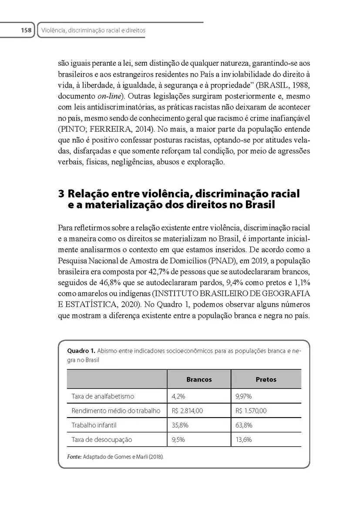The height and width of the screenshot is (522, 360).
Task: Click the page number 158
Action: pyautogui.click(x=26, y=30)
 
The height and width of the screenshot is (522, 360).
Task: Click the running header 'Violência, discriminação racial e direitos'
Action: pyautogui.click(x=93, y=30)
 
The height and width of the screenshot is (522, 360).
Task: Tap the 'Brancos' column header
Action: pyautogui.click(x=199, y=379)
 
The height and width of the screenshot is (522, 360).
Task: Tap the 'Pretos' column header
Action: pyautogui.click(x=266, y=379)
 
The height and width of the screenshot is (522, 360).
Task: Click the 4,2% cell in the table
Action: pyautogui.click(x=178, y=396)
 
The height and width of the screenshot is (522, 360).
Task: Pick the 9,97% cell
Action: pyautogui.click(x=244, y=396)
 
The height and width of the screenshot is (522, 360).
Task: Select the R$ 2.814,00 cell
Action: pyautogui.click(x=188, y=411)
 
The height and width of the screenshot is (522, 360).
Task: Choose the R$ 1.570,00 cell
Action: pyautogui.click(x=251, y=411)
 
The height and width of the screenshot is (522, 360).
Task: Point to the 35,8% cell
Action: pyautogui.click(x=180, y=425)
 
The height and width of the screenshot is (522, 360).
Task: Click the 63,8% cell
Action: pyautogui.click(x=244, y=425)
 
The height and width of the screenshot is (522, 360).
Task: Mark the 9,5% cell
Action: pyautogui.click(x=178, y=439)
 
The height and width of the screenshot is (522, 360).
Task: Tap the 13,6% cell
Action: pyautogui.click(x=244, y=439)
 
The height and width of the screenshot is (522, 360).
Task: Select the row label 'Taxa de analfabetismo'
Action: pyautogui.click(x=103, y=396)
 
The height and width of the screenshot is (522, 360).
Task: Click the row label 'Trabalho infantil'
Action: pyautogui.click(x=94, y=425)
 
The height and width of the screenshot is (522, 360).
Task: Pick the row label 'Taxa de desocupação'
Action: pyautogui.click(x=101, y=439)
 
